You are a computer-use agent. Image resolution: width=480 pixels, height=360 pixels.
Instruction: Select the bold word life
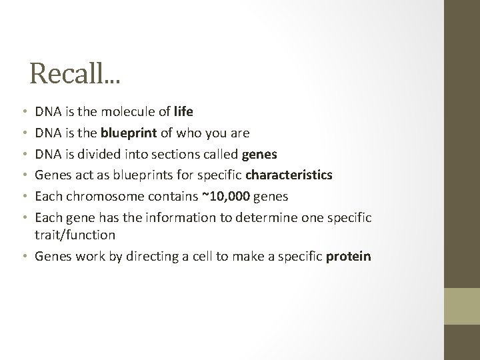click(183, 112)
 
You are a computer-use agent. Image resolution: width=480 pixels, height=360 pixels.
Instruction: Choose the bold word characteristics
click(289, 176)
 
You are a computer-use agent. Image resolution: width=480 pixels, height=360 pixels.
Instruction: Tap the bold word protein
click(349, 257)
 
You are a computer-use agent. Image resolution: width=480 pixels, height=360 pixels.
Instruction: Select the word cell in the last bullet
click(201, 257)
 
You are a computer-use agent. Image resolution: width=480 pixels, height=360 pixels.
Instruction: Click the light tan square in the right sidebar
click(462, 305)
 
